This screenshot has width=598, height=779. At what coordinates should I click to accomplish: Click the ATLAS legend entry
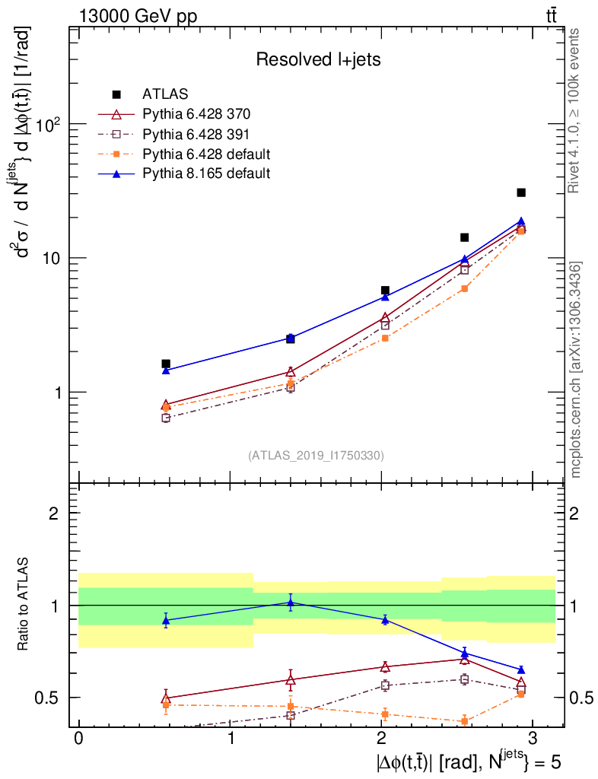tap(160, 94)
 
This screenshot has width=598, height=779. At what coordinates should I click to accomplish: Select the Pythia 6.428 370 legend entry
tap(196, 114)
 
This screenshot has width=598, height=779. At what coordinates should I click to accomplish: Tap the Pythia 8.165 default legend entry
tap(206, 173)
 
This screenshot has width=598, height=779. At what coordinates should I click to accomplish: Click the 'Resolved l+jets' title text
tap(318, 59)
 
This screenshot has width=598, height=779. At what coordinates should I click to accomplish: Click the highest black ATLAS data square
tap(521, 192)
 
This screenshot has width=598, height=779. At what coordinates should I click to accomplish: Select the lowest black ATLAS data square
tap(166, 364)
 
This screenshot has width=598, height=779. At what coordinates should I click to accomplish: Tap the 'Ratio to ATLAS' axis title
tap(24, 605)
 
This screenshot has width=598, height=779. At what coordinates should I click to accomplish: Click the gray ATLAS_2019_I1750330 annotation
tap(316, 456)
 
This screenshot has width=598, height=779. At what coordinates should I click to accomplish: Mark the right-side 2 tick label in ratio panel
tap(576, 514)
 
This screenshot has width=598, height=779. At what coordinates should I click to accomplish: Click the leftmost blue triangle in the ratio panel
tap(166, 620)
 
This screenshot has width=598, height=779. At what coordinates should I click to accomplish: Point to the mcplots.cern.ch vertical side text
tap(577, 370)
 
